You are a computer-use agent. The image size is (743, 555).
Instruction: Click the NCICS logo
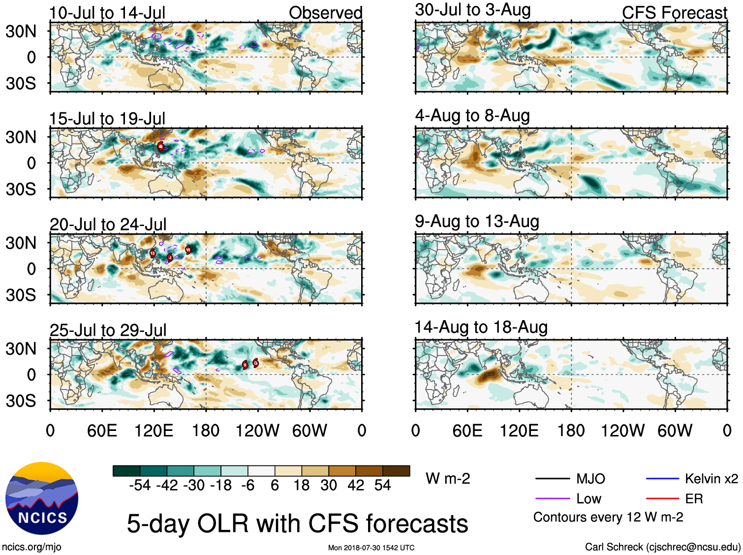pyautogui.click(x=42, y=498)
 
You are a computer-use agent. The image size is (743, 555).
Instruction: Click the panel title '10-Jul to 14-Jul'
pyautogui.click(x=107, y=13)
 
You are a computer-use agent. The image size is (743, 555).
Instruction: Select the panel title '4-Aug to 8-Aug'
pyautogui.click(x=472, y=116)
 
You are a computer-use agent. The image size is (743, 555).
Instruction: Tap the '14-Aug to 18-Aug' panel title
pyautogui.click(x=481, y=327)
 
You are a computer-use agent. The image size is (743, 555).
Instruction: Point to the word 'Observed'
pyautogui.click(x=325, y=13)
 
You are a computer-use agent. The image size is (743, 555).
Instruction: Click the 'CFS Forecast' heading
pyautogui.click(x=674, y=13)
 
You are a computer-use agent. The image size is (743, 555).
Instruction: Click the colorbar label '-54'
pyautogui.click(x=140, y=486)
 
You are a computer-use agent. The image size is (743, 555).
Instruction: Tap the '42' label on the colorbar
pyautogui.click(x=356, y=486)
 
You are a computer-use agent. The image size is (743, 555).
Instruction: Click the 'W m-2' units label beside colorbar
pyautogui.click(x=448, y=479)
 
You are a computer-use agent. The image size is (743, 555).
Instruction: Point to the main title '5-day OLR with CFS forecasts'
pyautogui.click(x=297, y=523)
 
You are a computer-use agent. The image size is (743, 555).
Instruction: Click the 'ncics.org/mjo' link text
pyautogui.click(x=31, y=547)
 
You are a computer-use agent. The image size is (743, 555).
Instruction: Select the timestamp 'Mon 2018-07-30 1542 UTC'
pyautogui.click(x=371, y=548)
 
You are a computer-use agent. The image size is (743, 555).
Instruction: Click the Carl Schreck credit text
pyautogui.click(x=662, y=547)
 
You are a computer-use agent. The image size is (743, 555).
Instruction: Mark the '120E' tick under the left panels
pyautogui.click(x=154, y=431)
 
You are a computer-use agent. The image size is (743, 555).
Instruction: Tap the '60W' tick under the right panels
pyautogui.click(x=675, y=431)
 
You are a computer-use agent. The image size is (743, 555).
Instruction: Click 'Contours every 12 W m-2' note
pyautogui.click(x=608, y=518)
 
